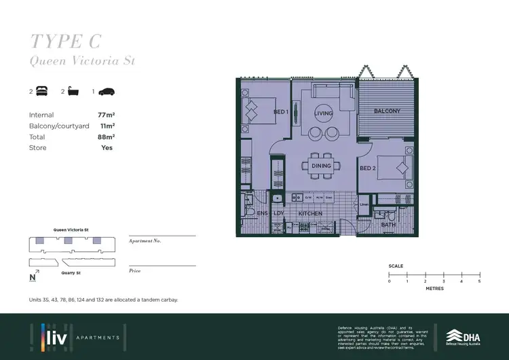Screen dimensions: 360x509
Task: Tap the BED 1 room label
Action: (x=281, y=111)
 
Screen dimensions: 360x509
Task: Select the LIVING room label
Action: (x=324, y=114)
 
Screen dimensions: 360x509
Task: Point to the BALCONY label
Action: (x=387, y=111)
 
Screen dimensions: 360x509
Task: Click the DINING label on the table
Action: (x=321, y=166)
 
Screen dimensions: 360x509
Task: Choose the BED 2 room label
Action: (x=368, y=168)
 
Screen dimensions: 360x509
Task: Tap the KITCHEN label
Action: (x=311, y=214)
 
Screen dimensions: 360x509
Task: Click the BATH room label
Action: (x=388, y=224)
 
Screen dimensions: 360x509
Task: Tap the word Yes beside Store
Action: (x=107, y=147)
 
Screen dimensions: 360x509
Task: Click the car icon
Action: (x=108, y=92)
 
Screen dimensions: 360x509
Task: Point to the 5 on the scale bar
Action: (x=479, y=281)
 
